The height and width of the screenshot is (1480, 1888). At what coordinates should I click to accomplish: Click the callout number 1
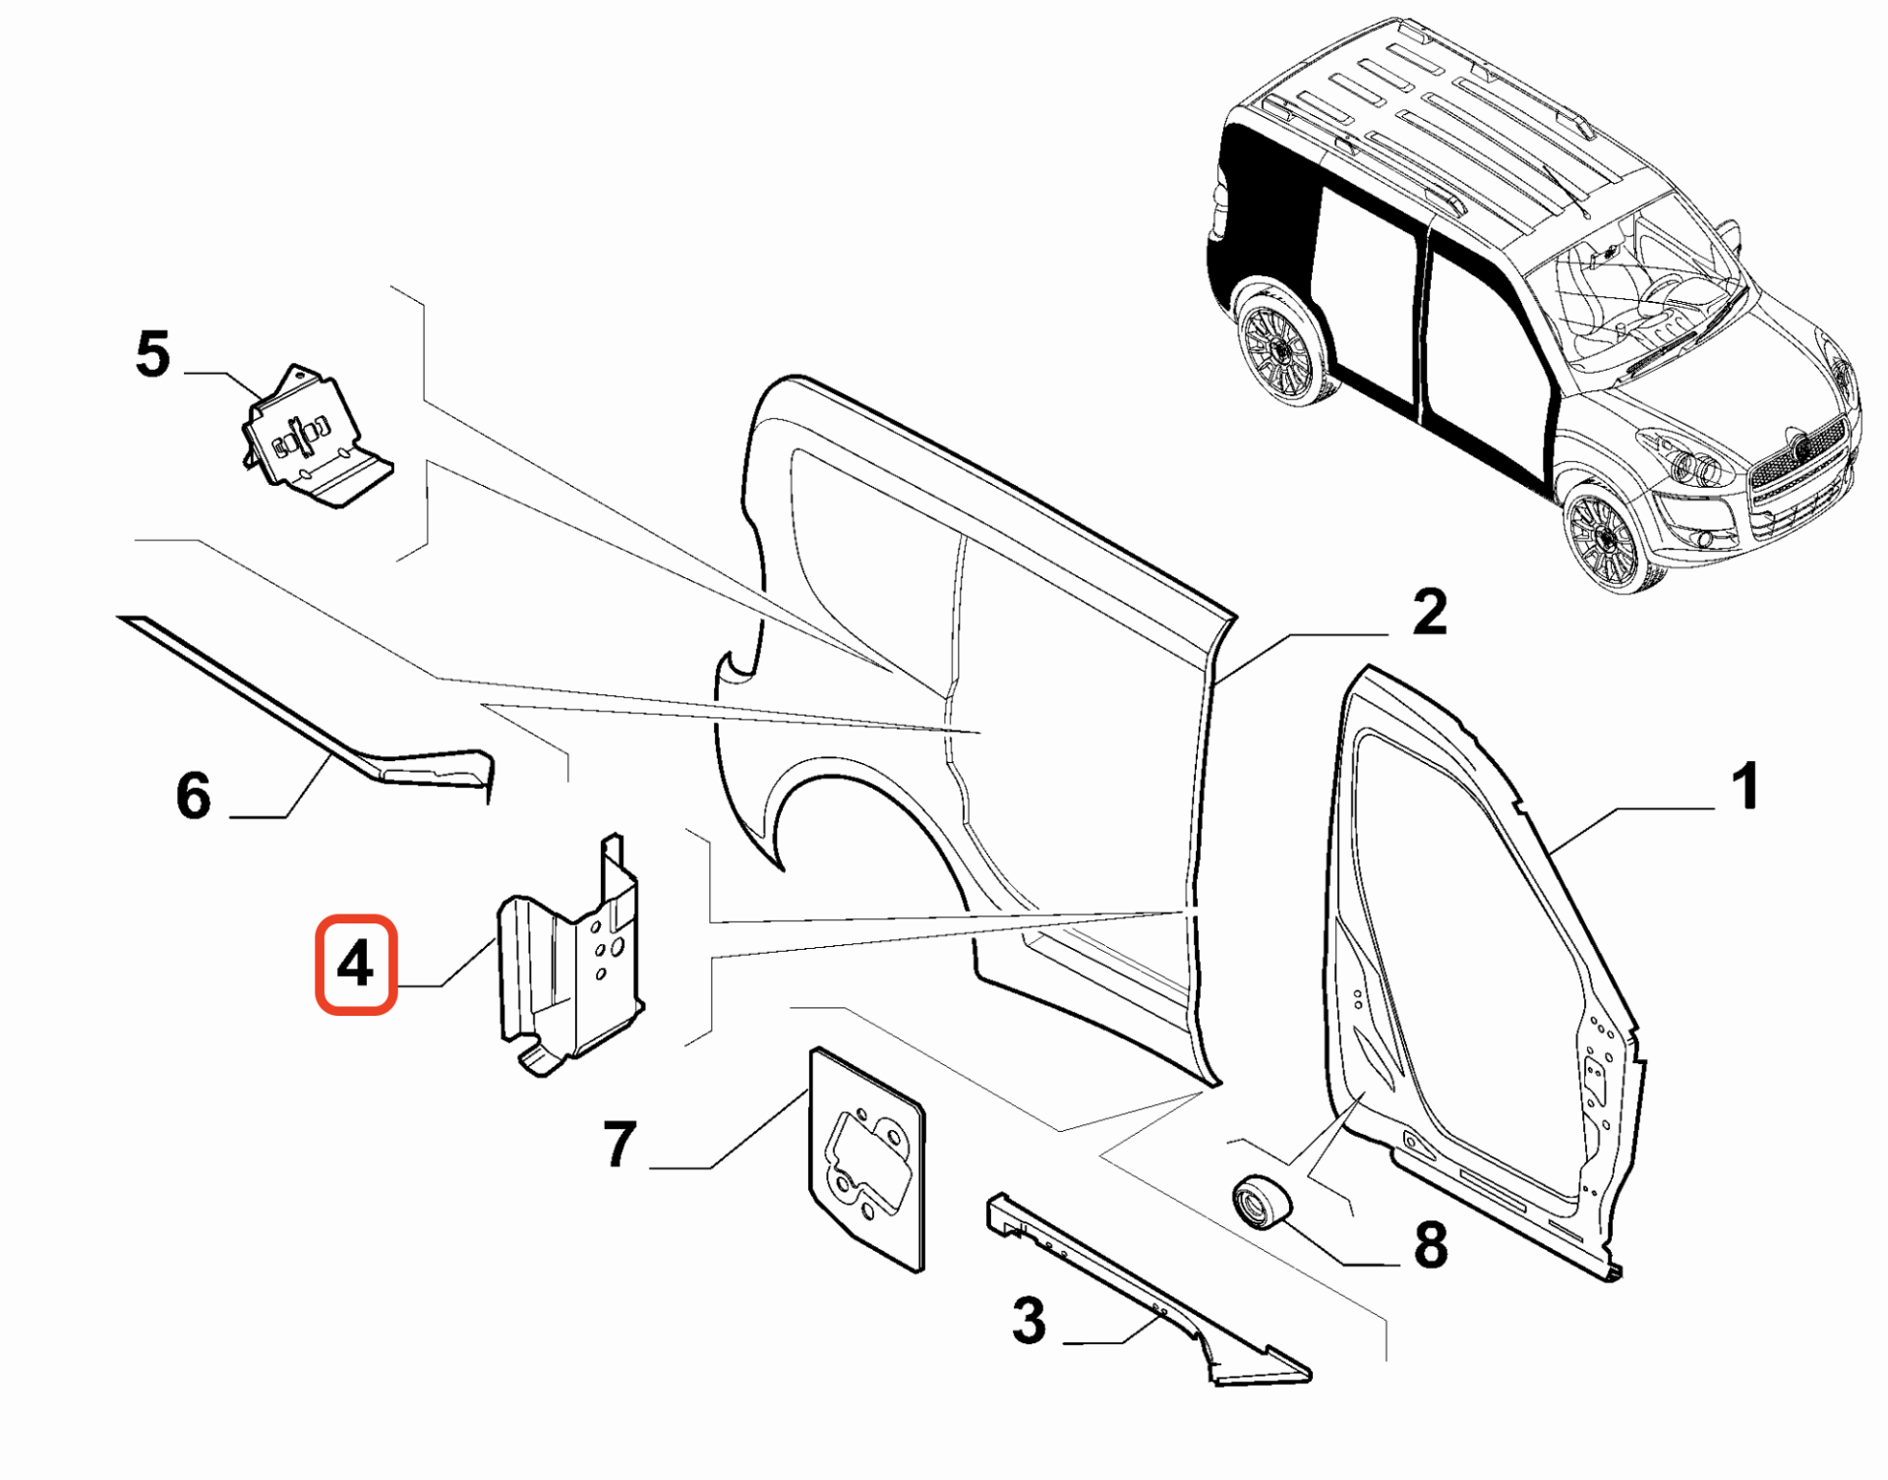(x=1745, y=787)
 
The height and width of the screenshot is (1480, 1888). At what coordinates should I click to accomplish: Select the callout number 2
(x=1429, y=612)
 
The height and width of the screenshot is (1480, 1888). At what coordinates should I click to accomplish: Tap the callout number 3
(x=1029, y=1321)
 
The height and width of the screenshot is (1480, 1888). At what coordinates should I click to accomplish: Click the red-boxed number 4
(x=355, y=964)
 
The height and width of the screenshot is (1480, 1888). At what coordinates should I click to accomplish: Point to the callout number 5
(x=152, y=354)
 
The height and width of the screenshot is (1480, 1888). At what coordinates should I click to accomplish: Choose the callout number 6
(x=193, y=795)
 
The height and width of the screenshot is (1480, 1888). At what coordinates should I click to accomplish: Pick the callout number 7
(x=619, y=1145)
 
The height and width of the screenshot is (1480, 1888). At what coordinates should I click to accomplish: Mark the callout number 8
(x=1430, y=1244)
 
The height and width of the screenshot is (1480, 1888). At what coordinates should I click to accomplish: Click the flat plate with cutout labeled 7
(x=866, y=1160)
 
